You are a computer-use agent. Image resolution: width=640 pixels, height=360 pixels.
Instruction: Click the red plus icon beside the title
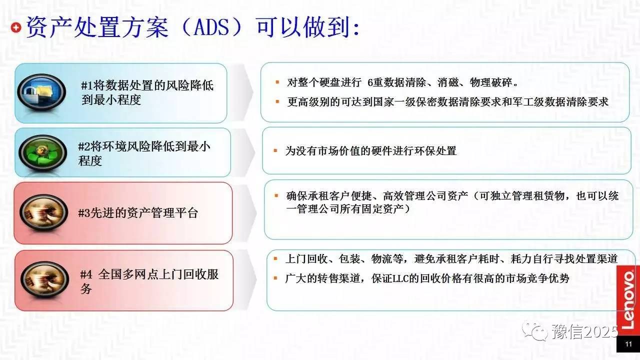tap(16, 27)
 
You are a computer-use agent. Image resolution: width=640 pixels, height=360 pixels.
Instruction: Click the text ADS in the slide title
tap(211, 27)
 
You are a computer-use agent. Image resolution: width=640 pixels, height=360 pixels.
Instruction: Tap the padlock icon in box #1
tap(41, 92)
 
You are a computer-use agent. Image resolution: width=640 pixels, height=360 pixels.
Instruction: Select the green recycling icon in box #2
tap(43, 152)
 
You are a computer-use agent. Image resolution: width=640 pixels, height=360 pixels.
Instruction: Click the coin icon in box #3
tap(43, 212)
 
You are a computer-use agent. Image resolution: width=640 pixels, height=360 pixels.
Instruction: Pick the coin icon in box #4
tap(45, 279)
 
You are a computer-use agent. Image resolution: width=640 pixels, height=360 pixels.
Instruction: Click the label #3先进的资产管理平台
tap(138, 213)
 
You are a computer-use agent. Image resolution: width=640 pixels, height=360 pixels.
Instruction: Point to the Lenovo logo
tap(628, 300)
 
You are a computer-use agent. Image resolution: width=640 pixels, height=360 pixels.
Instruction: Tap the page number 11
tap(628, 344)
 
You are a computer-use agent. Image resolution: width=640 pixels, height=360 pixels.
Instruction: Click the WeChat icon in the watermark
tap(534, 331)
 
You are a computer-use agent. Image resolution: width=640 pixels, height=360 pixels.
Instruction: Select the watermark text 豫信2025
tap(584, 332)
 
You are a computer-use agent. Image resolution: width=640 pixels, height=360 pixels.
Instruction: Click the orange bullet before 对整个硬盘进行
tap(277, 82)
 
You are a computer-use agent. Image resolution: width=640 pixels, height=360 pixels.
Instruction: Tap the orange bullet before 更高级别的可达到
tap(277, 101)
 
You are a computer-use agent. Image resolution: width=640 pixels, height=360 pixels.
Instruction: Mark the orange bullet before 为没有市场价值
tap(275, 150)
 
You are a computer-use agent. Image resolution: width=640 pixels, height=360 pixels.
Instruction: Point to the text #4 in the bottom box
tap(86, 275)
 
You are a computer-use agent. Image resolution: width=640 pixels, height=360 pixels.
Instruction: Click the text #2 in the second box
tap(84, 147)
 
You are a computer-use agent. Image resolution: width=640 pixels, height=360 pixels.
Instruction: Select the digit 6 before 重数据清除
tap(370, 82)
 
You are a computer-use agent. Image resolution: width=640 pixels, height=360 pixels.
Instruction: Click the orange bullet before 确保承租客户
tap(276, 195)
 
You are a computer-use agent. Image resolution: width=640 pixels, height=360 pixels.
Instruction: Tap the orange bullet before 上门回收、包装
tap(275, 259)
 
